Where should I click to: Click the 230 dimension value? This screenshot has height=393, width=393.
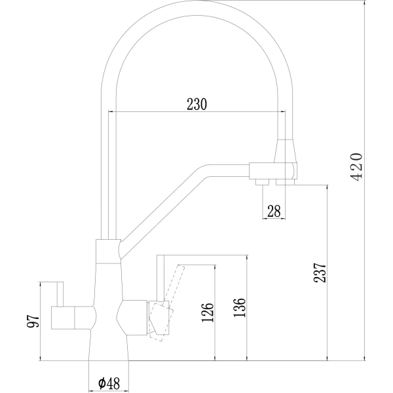click(x=196, y=103)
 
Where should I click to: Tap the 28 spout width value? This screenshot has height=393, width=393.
click(x=274, y=210)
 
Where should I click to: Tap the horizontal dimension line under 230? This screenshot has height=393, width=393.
click(x=196, y=113)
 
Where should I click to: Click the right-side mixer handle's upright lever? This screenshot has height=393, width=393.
click(x=159, y=278)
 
